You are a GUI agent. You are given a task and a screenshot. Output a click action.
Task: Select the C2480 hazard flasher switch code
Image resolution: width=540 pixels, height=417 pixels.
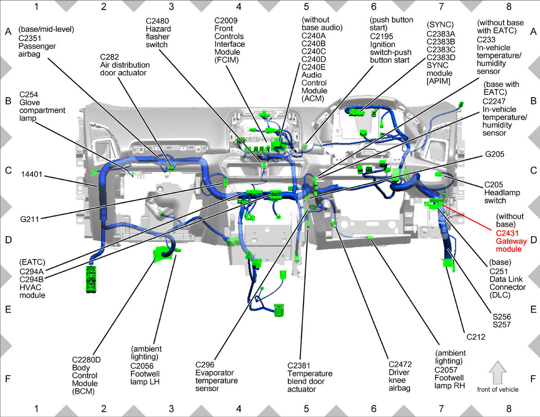(x=157, y=21)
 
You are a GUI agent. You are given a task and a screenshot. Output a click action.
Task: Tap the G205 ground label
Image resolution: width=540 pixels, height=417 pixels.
(x=495, y=154)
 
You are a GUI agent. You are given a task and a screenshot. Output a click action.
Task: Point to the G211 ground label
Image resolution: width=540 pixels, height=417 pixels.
(x=30, y=219)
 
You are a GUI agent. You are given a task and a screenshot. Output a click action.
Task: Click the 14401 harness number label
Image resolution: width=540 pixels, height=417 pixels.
(x=32, y=174)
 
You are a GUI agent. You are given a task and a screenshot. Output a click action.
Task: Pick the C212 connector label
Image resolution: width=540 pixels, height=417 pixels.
(x=476, y=337)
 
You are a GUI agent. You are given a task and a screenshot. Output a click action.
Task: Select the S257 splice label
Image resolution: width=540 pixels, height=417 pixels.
(x=501, y=325)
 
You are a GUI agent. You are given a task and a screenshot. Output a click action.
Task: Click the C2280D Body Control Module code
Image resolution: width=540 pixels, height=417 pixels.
(x=86, y=359)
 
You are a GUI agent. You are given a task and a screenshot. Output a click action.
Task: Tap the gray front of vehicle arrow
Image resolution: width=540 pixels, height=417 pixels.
(x=498, y=373)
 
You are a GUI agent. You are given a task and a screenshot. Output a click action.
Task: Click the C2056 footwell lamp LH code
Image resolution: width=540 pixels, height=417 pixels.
(x=142, y=366)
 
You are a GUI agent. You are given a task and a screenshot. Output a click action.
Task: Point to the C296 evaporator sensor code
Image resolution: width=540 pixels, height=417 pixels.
(x=205, y=365)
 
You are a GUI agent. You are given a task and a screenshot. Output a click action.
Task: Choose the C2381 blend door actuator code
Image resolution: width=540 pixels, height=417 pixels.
(x=299, y=366)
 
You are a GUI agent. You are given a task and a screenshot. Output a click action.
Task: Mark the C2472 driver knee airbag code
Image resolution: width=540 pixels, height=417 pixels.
(x=400, y=364)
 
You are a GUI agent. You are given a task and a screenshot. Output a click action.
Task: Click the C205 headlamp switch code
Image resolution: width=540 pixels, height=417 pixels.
(x=494, y=184)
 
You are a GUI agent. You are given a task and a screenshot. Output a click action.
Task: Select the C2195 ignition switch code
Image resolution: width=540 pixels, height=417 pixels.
(x=382, y=36)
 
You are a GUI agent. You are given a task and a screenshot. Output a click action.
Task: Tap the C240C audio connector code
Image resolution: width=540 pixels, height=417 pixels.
(x=314, y=51)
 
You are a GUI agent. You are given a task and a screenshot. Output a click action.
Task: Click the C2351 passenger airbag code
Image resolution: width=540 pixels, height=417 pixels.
(x=30, y=38)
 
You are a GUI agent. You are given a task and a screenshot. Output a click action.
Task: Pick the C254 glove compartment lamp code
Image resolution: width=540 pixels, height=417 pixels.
(x=29, y=94)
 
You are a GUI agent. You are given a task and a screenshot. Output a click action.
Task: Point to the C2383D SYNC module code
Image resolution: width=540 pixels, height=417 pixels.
(x=441, y=58)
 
